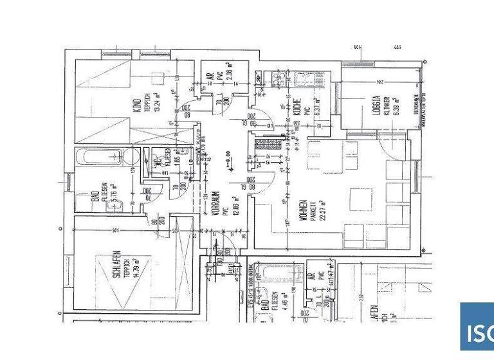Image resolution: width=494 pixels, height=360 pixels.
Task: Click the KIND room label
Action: click(136, 104)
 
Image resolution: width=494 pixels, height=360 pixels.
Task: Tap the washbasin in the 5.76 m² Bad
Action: click(131, 157)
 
